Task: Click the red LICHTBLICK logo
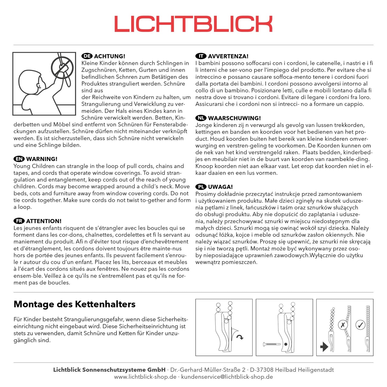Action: coord(193,24)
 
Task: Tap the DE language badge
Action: coord(87,56)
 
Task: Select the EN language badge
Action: coord(19,159)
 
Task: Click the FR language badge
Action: coord(19,221)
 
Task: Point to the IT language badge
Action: coord(201,56)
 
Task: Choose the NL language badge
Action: coord(201,118)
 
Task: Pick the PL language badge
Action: coord(201,187)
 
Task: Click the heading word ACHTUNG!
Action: coord(110,56)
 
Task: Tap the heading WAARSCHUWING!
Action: coord(234,118)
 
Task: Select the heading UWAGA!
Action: coord(220,187)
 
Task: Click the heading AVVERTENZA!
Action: coord(228,56)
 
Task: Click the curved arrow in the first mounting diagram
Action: coord(240,337)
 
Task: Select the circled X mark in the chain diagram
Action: coord(343,325)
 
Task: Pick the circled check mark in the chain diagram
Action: coord(360,325)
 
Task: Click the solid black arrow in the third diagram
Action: coord(324,347)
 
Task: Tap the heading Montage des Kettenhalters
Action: coord(74,304)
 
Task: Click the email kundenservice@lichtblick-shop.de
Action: coord(227,377)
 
